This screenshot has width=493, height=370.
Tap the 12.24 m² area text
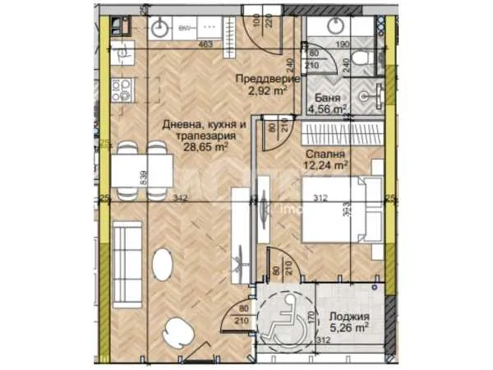point(326,165)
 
